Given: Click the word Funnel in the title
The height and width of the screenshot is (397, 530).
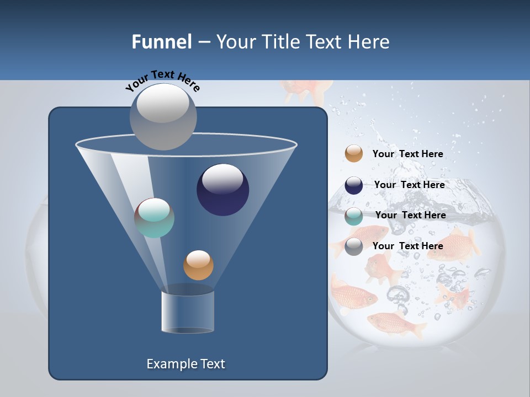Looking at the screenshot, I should click(161, 42).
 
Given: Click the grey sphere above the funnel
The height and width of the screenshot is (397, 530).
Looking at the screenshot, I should click(163, 117).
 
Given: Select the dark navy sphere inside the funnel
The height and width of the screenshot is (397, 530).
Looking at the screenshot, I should click(223, 190).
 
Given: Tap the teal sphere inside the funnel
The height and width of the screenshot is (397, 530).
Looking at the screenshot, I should click(155, 218).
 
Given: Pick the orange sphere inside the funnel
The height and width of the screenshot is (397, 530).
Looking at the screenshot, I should click(198, 265).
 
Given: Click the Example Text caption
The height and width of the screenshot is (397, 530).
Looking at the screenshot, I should click(186, 364).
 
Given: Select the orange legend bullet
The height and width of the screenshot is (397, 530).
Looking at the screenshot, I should click(354, 154).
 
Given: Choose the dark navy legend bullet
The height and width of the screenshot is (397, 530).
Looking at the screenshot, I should click(354, 185).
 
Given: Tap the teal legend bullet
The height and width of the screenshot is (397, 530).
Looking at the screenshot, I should click(354, 216).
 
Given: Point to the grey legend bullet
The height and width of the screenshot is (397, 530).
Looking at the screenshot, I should click(354, 246).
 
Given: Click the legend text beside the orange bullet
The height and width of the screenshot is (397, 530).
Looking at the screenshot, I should click(407, 154).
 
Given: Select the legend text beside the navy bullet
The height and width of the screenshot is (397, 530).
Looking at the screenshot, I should click(409, 185).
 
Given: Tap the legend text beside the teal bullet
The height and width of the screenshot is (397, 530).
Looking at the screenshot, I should click(410, 215).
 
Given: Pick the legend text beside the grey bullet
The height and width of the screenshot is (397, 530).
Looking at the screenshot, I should click(407, 246).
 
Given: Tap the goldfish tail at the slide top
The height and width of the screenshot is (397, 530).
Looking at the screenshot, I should click(306, 91).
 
